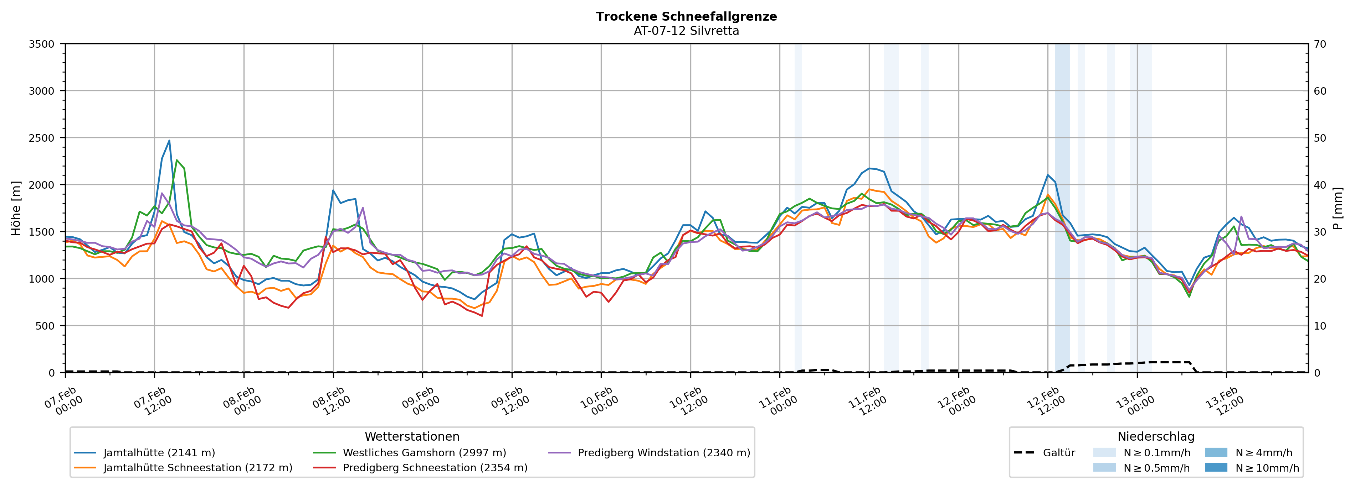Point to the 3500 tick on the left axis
tap(42, 44)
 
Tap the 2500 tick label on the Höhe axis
tap(42, 138)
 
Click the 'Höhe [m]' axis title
tap(16, 208)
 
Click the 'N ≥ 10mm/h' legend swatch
tap(1216, 467)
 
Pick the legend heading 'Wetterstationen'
tap(412, 436)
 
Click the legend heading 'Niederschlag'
tap(1156, 436)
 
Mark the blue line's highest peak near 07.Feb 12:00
tap(169, 140)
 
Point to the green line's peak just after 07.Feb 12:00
tap(177, 160)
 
